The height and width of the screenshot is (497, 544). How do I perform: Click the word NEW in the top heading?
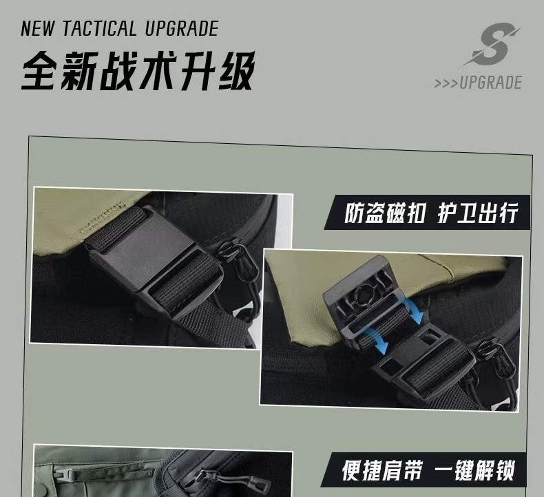click(x=38, y=28)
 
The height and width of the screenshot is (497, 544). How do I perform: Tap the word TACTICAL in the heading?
click(x=100, y=28)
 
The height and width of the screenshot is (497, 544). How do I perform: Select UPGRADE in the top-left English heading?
click(x=182, y=28)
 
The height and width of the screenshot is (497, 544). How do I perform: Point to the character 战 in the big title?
click(x=118, y=70)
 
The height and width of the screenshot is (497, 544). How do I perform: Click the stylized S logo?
click(x=490, y=44)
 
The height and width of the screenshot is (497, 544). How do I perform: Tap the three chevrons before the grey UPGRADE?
click(x=446, y=83)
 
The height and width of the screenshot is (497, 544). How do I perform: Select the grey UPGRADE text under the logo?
click(x=490, y=83)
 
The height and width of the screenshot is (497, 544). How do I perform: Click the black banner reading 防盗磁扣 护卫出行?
click(x=427, y=212)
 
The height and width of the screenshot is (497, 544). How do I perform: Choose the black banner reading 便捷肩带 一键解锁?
click(x=423, y=469)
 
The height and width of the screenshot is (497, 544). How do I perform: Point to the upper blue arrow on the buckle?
click(x=413, y=311)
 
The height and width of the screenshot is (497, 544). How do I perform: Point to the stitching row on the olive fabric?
click(x=103, y=217)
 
